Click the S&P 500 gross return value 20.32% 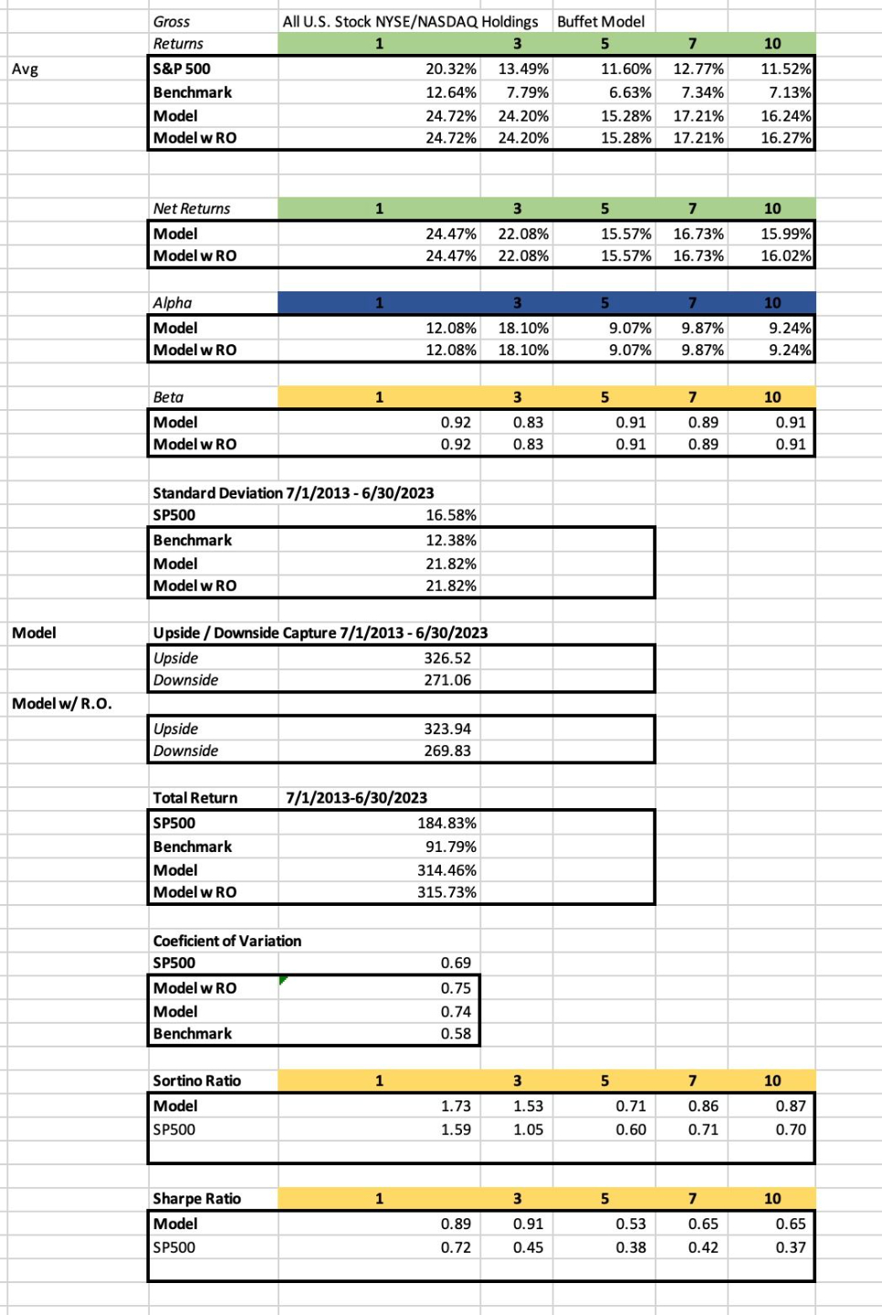pos(450,68)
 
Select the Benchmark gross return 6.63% pos(625,92)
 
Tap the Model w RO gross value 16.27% pos(785,138)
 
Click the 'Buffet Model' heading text pos(600,21)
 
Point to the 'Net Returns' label pos(192,208)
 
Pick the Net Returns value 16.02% pos(785,256)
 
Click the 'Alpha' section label pos(173,302)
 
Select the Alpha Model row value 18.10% pos(523,328)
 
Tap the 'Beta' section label pos(168,397)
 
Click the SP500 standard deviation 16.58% pos(450,515)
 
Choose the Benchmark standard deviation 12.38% pos(450,540)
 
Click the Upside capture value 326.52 pos(447,657)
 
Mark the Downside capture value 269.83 pos(447,751)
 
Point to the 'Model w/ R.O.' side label pos(62,703)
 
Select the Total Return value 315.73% pos(446,892)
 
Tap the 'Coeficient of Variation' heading pos(226,941)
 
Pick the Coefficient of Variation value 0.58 pos(456,1034)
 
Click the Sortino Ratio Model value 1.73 pos(456,1106)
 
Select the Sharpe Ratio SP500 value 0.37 pos(791,1247)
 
